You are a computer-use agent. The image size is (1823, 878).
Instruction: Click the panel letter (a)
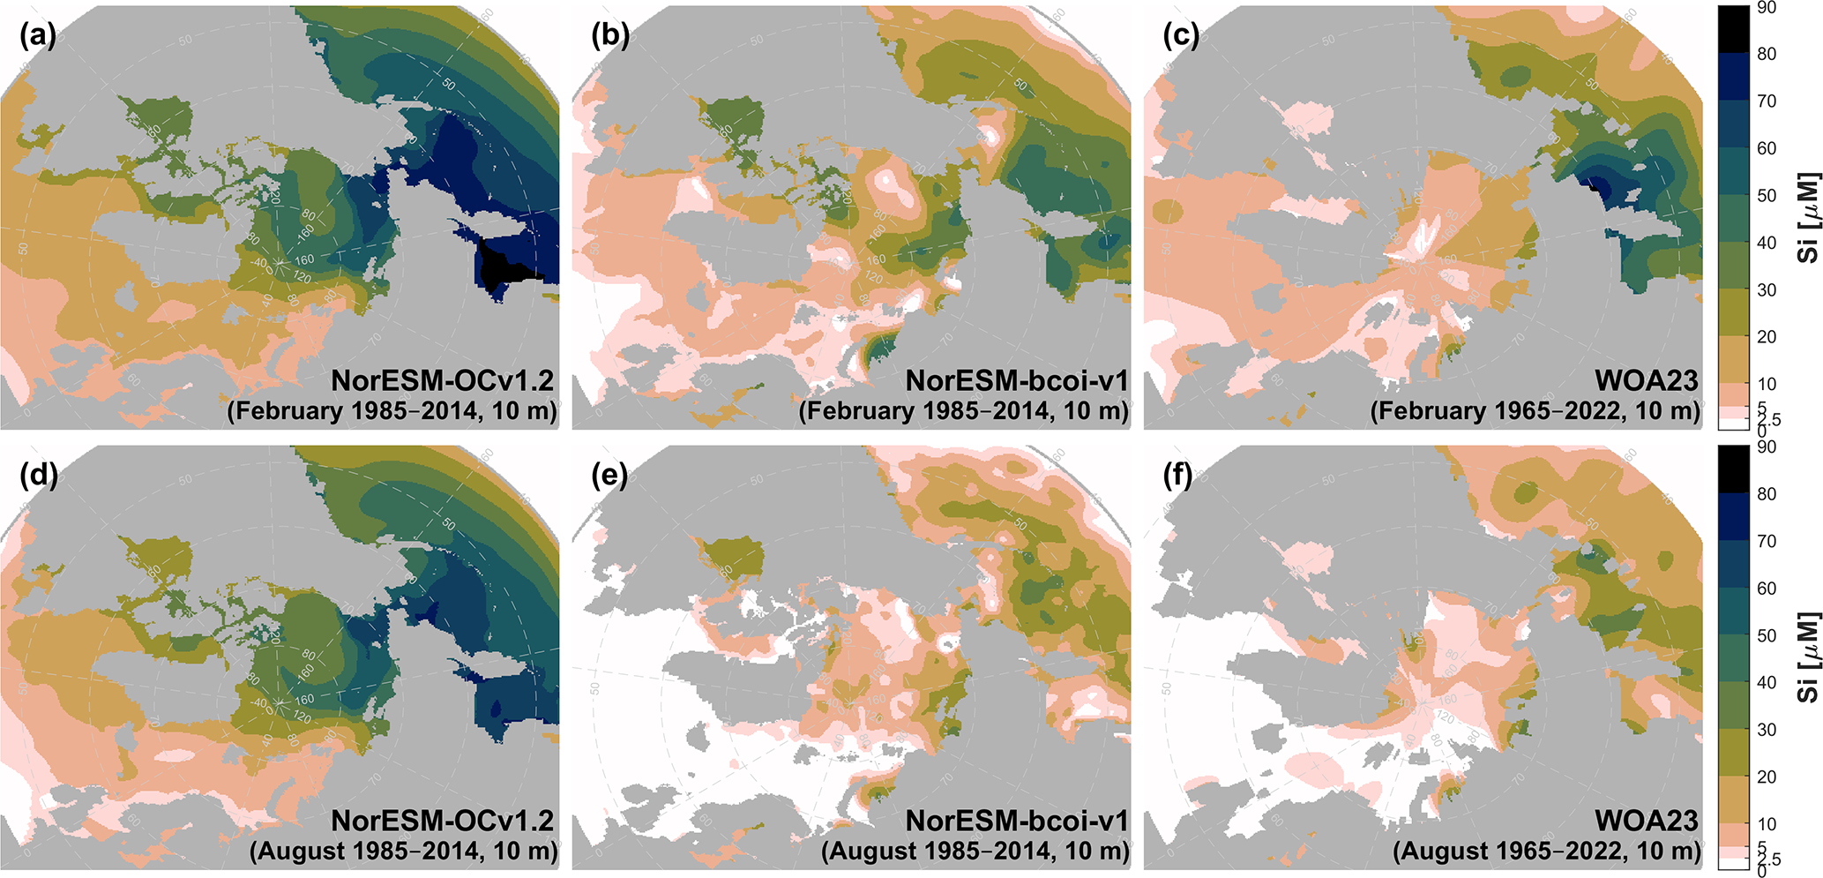tap(37, 35)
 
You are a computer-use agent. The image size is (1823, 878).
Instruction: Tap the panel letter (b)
tap(609, 35)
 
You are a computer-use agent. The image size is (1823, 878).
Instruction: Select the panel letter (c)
tap(1181, 35)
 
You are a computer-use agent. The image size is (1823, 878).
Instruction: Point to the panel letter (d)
tap(37, 476)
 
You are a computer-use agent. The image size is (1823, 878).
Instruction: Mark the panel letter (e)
tap(609, 476)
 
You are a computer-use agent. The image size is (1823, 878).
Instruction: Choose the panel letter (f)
tap(1181, 476)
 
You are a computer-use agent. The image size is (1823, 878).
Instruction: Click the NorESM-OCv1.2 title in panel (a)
tap(442, 380)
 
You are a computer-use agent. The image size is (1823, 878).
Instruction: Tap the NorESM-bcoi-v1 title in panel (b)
tap(1016, 380)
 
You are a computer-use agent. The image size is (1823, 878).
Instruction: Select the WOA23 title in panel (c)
tap(1646, 380)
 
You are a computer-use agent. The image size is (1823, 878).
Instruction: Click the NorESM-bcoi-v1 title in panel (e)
tap(1016, 821)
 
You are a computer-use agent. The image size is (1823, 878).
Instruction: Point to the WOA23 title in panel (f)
tap(1646, 821)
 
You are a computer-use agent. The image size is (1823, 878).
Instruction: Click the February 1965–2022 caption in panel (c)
tap(1535, 411)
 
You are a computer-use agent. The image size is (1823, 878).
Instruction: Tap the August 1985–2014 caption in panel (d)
tap(403, 852)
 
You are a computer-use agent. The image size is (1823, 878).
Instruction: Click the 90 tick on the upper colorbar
tap(1766, 8)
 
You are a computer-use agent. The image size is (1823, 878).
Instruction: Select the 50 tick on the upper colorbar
tap(1766, 195)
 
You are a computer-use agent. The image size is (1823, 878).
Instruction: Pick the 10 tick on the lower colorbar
tap(1766, 823)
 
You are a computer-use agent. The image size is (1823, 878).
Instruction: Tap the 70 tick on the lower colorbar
tap(1766, 541)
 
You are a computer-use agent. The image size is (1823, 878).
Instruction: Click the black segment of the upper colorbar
tap(1733, 30)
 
